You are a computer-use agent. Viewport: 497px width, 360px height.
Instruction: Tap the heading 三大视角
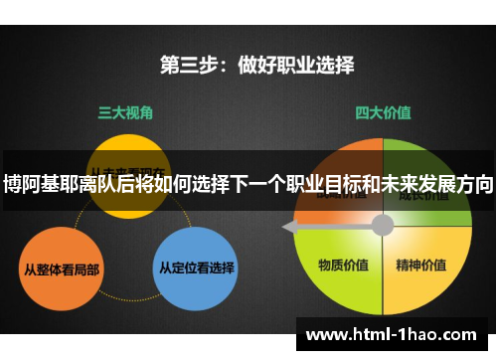point(124,113)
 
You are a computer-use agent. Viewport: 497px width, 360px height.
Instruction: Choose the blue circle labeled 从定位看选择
point(197,267)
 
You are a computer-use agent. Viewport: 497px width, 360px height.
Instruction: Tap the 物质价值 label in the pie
point(343,266)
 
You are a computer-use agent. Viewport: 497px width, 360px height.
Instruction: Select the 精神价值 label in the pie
point(420,266)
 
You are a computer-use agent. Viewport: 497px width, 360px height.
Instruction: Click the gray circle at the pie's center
point(382,225)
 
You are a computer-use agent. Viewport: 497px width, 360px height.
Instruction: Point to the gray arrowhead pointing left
point(289,228)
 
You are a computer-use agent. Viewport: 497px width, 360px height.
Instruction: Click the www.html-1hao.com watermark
point(395,334)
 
